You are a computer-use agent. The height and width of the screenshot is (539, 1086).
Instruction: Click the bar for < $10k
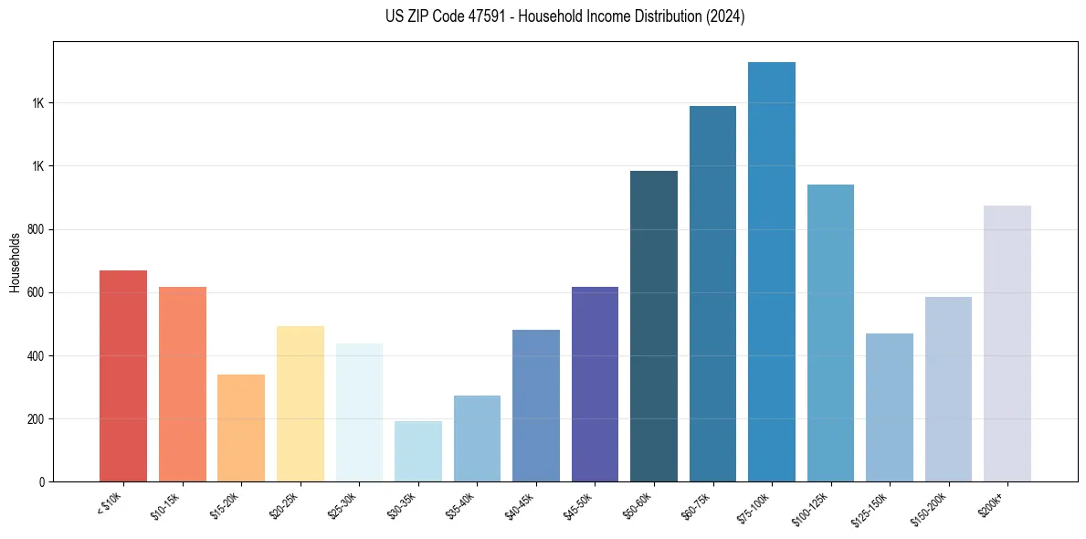[x=123, y=376]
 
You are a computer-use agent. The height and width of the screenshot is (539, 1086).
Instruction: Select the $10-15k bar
[x=183, y=385]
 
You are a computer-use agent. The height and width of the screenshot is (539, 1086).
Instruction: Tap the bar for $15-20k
[x=241, y=428]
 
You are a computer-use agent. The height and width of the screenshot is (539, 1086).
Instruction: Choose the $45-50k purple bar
[x=595, y=385]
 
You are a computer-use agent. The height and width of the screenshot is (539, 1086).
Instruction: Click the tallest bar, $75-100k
[x=772, y=272]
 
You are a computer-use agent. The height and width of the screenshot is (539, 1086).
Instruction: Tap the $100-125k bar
[x=830, y=333]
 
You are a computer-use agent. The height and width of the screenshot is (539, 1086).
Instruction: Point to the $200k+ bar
[x=1007, y=343]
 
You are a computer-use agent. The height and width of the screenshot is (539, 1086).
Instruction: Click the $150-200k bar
[x=948, y=389]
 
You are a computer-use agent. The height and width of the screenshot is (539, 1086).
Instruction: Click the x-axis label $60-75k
[x=696, y=503]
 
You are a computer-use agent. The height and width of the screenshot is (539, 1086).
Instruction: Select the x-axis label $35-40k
[x=460, y=503]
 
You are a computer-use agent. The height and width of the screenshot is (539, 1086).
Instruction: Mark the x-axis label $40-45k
[x=520, y=503]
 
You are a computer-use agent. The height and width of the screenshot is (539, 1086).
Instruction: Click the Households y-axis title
[x=15, y=261]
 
